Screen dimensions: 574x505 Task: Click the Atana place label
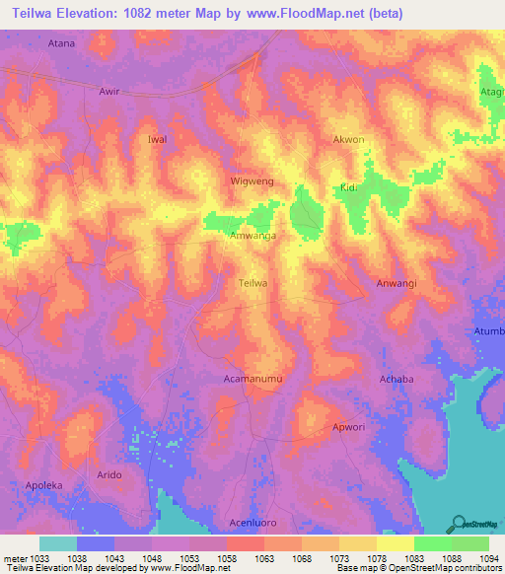tap(62, 43)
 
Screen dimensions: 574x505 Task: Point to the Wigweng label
tap(252, 183)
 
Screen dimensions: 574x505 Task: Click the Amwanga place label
tap(252, 237)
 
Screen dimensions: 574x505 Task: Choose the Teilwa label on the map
tap(253, 283)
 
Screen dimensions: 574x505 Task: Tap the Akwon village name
tap(349, 140)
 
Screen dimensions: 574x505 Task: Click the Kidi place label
tap(347, 187)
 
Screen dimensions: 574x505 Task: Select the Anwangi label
tap(397, 284)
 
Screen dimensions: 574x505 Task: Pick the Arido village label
tap(109, 475)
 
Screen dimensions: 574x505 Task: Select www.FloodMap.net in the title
tap(309, 14)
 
